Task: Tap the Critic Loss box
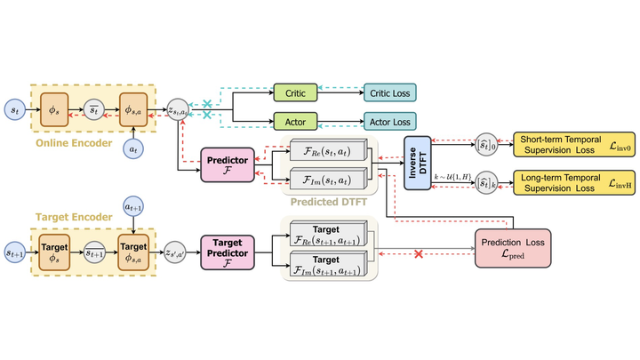(x=391, y=92)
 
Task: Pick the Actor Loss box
(x=391, y=121)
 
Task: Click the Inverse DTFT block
(x=417, y=163)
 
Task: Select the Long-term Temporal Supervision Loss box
(x=572, y=183)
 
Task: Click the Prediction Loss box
(x=513, y=249)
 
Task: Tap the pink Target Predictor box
(x=228, y=252)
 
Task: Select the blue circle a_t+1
(x=132, y=207)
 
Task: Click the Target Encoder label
(x=74, y=216)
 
